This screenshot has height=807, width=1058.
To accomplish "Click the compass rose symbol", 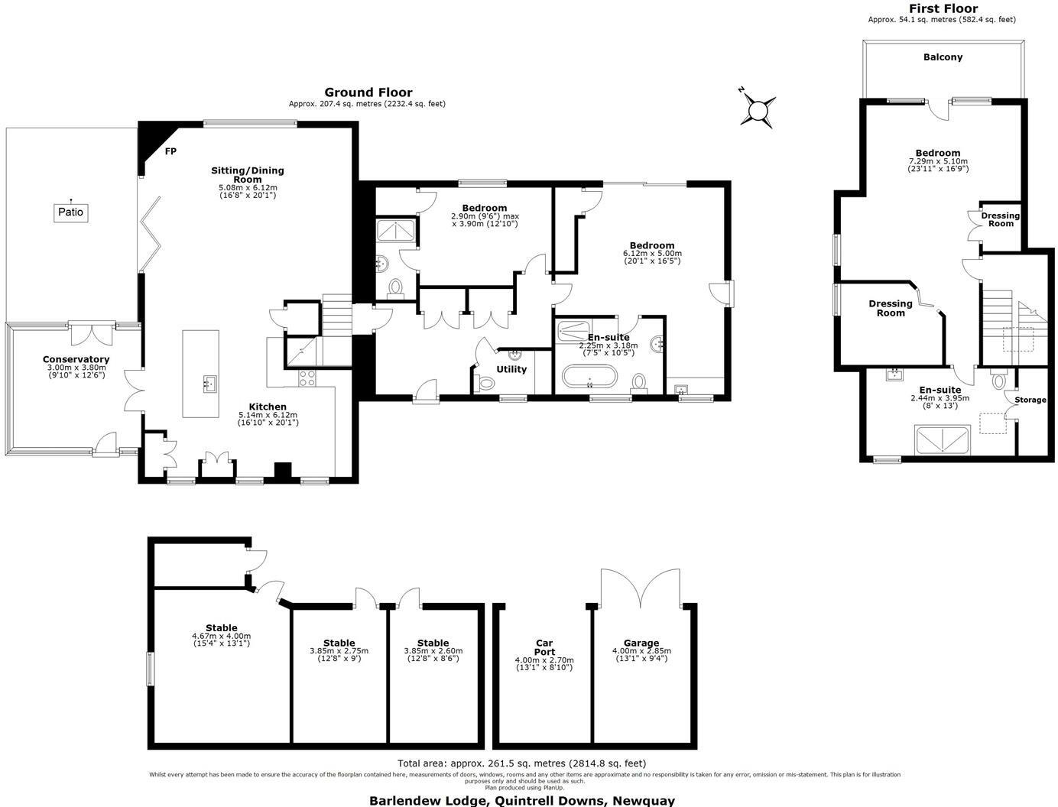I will point(758,110).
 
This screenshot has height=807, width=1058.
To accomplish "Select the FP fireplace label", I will point(170,151).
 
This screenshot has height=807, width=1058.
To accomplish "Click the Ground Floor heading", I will point(368,92).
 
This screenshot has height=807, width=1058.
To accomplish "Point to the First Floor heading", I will point(943,8).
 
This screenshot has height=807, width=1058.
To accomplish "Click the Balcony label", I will point(943,57).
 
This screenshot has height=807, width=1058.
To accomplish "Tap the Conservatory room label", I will point(76,359).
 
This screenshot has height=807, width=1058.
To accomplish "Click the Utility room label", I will point(511,369).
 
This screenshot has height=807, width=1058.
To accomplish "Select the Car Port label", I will point(544,647).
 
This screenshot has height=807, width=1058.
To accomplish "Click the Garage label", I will point(641,643).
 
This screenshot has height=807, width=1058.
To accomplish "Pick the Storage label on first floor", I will point(1030,400).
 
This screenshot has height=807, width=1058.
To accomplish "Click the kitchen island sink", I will point(209,384).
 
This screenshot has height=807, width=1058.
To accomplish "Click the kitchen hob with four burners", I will point(307,378).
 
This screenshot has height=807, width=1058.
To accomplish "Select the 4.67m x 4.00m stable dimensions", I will point(221,636).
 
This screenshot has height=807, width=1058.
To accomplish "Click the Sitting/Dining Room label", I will point(247,175).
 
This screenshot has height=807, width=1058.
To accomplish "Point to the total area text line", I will point(521,763).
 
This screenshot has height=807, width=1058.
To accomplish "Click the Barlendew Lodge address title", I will point(522,800).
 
